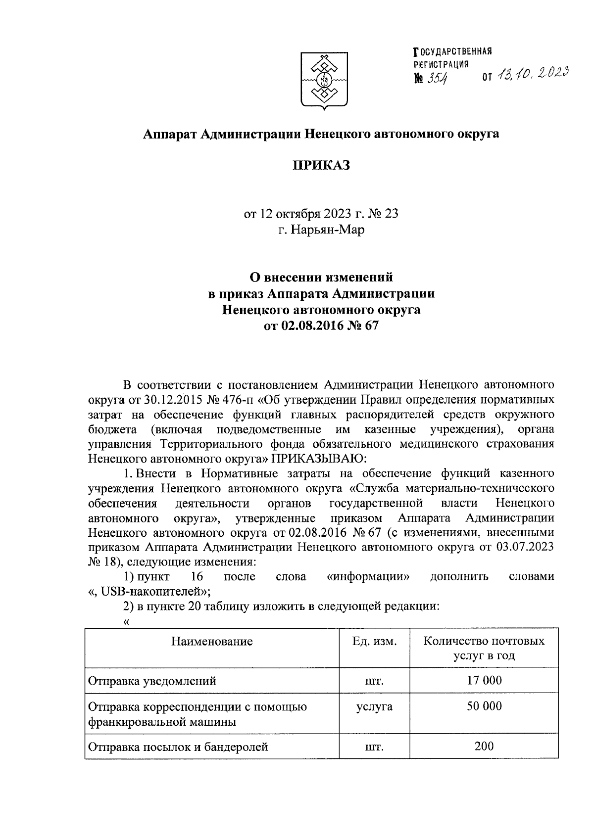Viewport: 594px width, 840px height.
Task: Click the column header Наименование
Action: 212,642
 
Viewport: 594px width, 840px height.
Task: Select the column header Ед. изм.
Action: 374,642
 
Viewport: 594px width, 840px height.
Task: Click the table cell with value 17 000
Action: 484,680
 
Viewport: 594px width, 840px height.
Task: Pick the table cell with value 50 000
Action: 484,706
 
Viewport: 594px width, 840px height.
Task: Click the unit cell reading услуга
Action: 374,706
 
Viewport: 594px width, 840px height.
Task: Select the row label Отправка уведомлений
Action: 152,681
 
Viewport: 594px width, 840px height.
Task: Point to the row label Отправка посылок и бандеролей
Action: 178,747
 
